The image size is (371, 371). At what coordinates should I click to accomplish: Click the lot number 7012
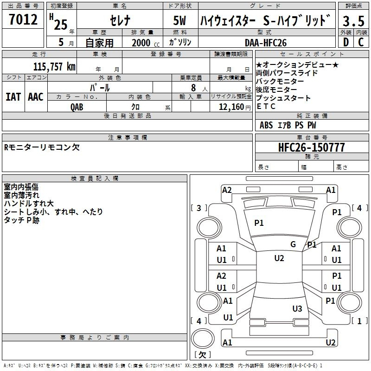point(23,19)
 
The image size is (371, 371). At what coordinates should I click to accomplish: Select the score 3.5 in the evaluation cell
point(353,21)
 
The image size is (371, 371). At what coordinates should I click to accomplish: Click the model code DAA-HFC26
point(266,42)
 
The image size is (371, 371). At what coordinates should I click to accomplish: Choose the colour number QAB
point(77,107)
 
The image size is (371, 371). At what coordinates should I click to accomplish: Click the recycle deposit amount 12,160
point(230,107)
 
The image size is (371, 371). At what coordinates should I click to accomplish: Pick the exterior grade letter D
point(345,42)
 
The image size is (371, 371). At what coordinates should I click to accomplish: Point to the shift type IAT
point(13,96)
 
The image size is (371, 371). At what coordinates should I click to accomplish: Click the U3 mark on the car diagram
point(297,308)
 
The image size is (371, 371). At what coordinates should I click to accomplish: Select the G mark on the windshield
point(293,244)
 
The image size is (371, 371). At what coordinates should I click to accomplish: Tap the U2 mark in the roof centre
point(279,258)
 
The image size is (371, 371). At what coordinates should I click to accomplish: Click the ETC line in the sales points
point(266,107)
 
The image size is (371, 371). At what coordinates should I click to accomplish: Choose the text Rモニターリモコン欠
point(42,147)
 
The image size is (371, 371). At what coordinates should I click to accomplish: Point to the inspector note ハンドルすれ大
point(29,204)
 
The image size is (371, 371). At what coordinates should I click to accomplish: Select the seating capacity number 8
point(193,87)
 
